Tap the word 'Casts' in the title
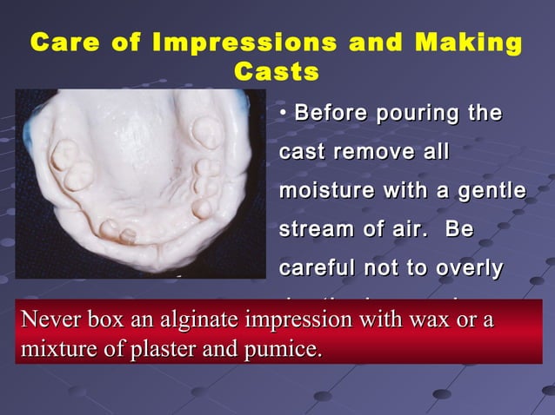(277, 72)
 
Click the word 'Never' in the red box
(48, 319)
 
